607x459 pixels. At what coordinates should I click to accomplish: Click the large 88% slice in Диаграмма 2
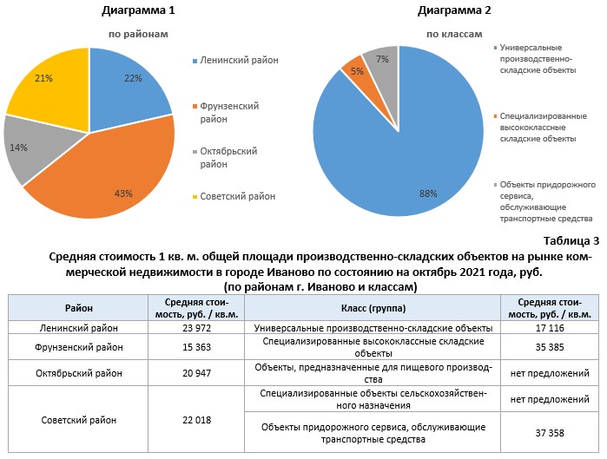tap(408, 156)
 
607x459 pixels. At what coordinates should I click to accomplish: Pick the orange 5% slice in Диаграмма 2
tap(355, 70)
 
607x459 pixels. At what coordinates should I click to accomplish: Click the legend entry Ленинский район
tap(239, 61)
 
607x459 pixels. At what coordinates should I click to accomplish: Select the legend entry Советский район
tap(239, 196)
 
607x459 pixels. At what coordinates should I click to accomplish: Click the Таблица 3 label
tap(571, 240)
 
